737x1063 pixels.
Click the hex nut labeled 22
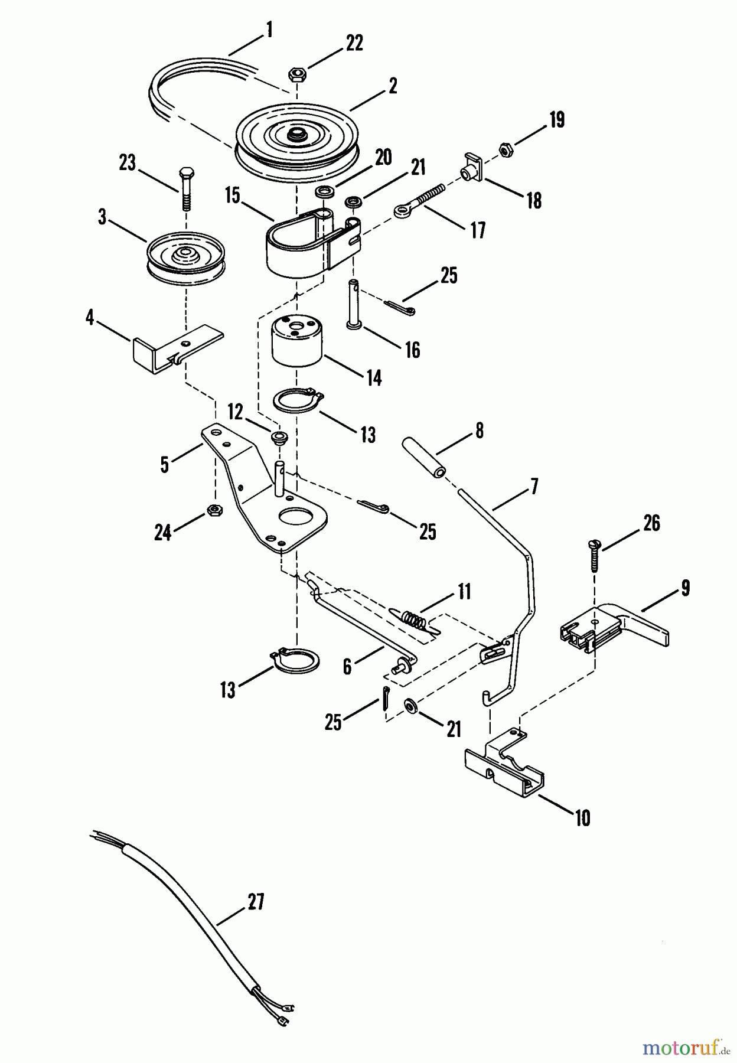[x=296, y=74]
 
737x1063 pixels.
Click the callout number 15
[x=233, y=195]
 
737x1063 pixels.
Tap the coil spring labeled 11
[x=414, y=618]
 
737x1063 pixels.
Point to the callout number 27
[x=255, y=902]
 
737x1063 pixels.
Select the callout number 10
[x=582, y=819]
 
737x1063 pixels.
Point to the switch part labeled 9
[x=614, y=631]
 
